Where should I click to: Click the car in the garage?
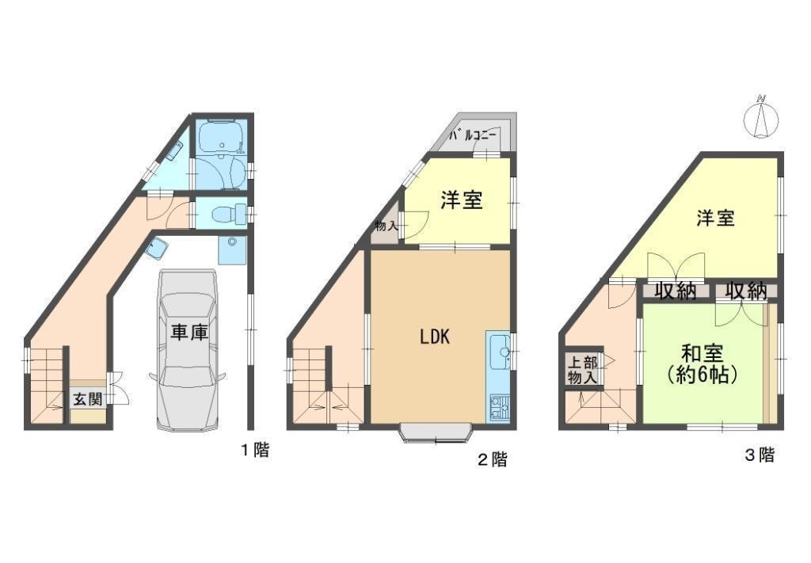click(187, 350)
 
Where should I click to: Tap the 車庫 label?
click(189, 333)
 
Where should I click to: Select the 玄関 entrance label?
click(87, 399)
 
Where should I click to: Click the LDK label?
click(435, 337)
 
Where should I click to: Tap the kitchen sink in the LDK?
click(499, 351)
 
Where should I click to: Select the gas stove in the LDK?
click(499, 406)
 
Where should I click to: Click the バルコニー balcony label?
click(473, 135)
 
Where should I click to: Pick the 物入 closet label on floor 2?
click(386, 226)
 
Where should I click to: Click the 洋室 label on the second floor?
click(462, 200)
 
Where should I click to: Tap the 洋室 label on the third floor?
click(715, 218)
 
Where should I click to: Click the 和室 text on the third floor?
click(702, 355)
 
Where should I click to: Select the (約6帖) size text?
click(702, 375)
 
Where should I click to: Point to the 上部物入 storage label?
click(582, 369)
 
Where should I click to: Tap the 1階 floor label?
click(255, 450)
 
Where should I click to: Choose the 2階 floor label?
click(492, 459)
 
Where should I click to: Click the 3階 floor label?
click(760, 455)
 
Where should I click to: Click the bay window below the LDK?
click(436, 434)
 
